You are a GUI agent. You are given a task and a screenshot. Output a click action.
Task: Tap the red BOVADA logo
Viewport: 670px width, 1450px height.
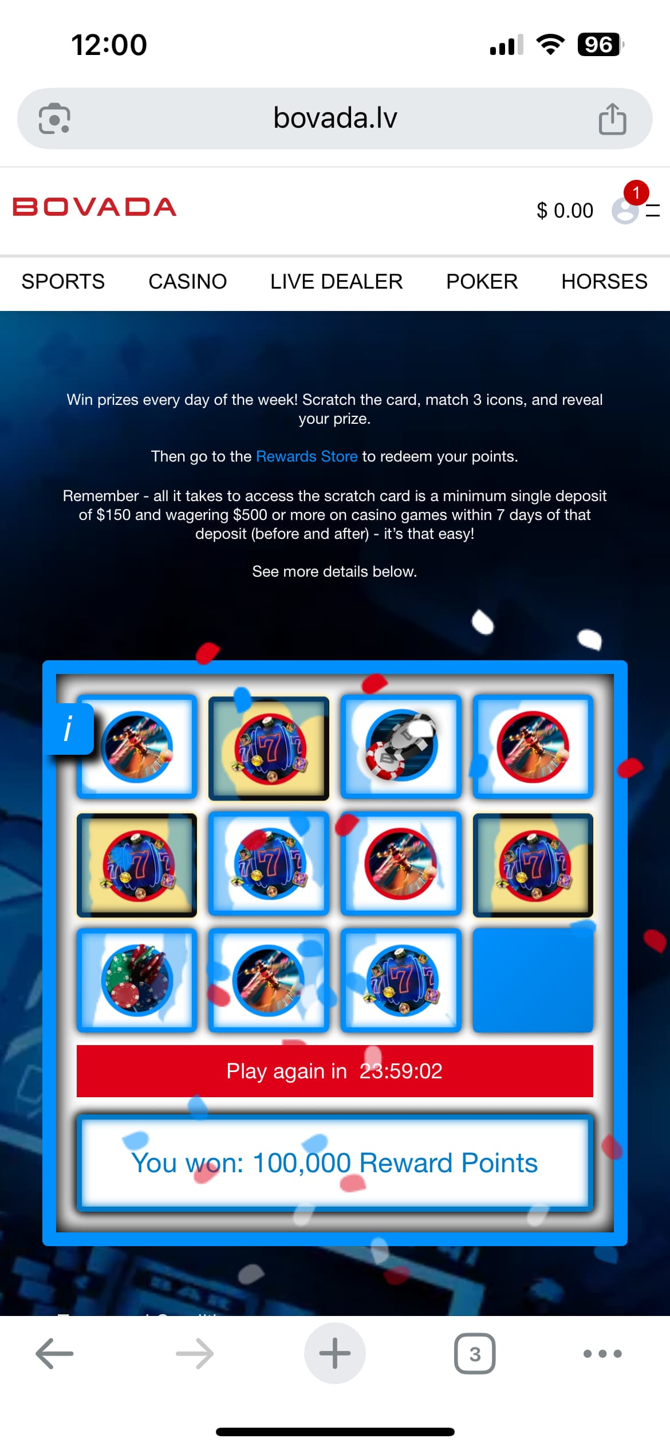(x=94, y=207)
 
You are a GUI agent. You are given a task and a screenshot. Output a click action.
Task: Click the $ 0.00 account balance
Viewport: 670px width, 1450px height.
(x=565, y=211)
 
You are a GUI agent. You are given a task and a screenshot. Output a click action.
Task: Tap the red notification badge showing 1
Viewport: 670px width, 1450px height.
(x=636, y=192)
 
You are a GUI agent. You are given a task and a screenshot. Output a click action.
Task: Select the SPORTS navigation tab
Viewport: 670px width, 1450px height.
(x=63, y=282)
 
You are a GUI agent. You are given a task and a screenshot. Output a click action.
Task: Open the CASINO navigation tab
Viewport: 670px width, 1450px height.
(x=188, y=282)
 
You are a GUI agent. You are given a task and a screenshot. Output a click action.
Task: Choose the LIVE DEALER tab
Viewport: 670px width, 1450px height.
(x=337, y=282)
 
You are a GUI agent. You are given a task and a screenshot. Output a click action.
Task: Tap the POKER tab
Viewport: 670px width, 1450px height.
(x=482, y=282)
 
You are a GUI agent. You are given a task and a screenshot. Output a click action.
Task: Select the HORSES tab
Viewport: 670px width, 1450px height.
(x=605, y=282)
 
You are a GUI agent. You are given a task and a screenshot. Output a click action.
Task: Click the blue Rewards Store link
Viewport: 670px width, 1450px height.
(x=307, y=456)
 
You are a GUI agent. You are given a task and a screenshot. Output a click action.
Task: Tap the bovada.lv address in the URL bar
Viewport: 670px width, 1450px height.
(x=335, y=118)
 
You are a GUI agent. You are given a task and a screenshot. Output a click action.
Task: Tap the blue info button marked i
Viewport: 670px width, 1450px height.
(x=69, y=729)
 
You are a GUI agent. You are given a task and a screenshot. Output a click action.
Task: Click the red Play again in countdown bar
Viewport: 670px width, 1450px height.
(x=335, y=1071)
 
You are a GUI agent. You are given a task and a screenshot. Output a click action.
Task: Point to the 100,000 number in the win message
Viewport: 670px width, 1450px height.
(x=302, y=1163)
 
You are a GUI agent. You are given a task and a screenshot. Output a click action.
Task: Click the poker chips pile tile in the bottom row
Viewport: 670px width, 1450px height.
(x=137, y=980)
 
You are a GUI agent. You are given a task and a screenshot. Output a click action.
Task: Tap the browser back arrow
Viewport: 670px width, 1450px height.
(x=54, y=1354)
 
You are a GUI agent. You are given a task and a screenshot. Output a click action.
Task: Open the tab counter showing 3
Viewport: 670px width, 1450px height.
(x=475, y=1354)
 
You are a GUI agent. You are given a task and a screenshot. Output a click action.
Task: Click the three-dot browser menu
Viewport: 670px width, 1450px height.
(x=602, y=1354)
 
